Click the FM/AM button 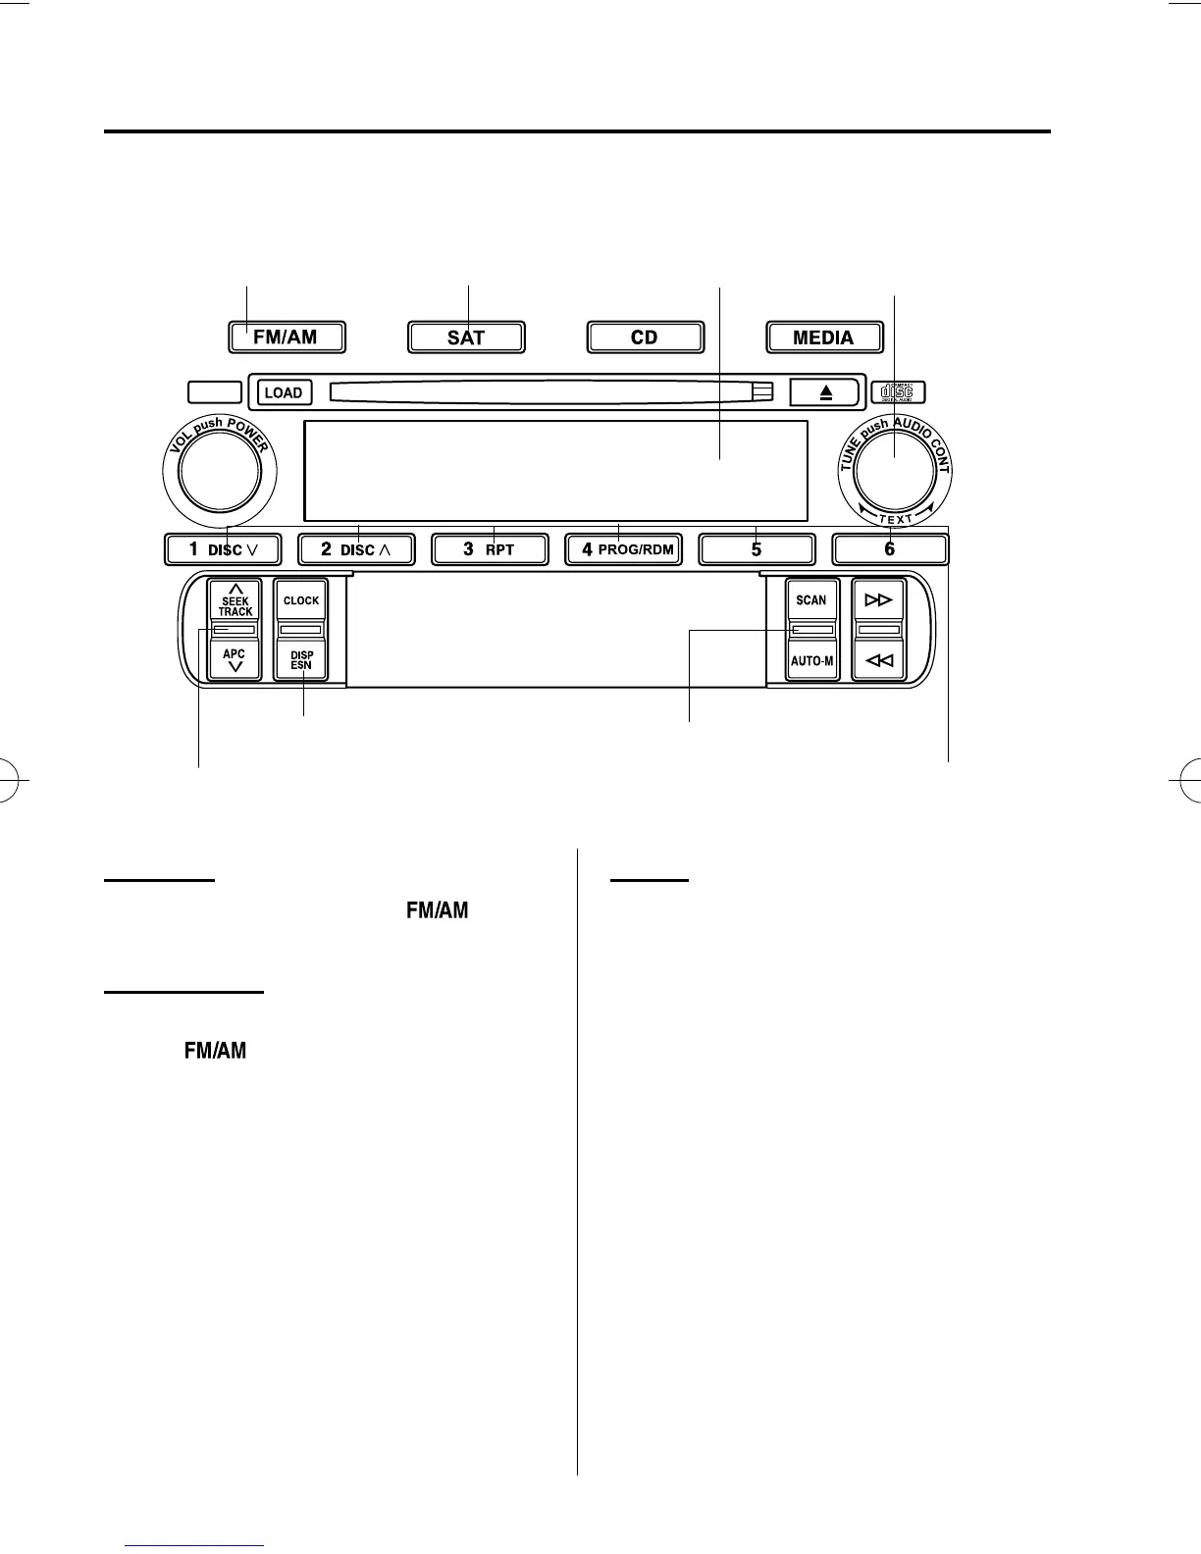[x=286, y=337]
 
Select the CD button [x=646, y=337]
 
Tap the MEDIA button [x=823, y=337]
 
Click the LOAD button [x=285, y=392]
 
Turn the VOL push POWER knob [x=215, y=473]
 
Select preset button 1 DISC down [x=223, y=549]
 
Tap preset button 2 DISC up [x=356, y=549]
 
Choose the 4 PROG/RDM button [x=624, y=549]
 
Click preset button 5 [x=757, y=549]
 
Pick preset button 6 [x=890, y=549]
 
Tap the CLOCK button [x=301, y=600]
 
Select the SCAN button [x=811, y=600]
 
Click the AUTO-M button [x=811, y=660]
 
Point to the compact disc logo [x=897, y=391]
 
